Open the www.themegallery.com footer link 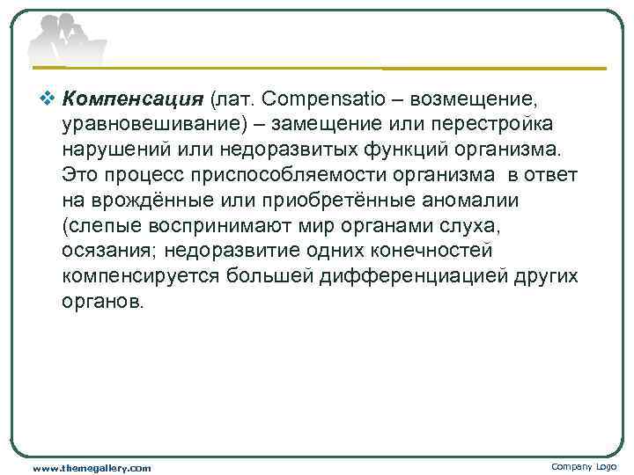pyautogui.click(x=92, y=467)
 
